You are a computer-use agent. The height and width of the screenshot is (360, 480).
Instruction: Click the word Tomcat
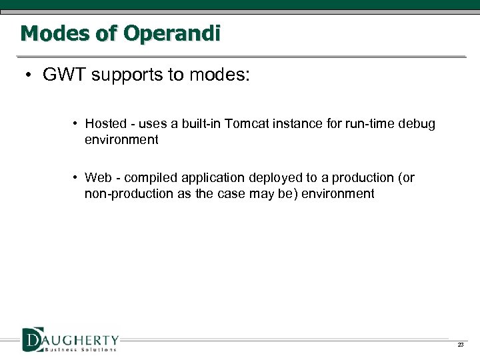click(248, 123)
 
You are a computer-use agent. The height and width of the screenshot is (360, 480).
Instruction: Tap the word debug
click(418, 123)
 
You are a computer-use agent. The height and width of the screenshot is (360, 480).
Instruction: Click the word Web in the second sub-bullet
click(98, 177)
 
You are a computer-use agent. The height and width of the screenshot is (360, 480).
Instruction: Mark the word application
click(213, 177)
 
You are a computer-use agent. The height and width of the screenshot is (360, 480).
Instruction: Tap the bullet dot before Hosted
click(77, 123)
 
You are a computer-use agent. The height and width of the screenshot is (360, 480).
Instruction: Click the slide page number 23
click(460, 344)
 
